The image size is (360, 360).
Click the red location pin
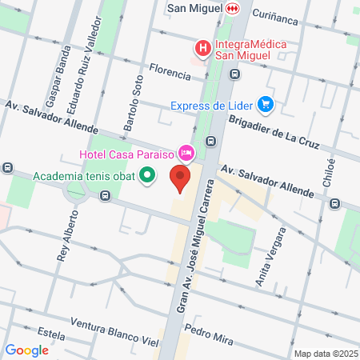coord(181,178)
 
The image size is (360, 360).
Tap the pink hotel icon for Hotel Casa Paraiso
coord(186,152)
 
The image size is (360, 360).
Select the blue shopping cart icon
coord(266,104)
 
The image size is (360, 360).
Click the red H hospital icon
coord(203,49)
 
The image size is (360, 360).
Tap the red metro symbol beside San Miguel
coord(232,8)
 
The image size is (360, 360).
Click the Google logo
coord(27,350)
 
